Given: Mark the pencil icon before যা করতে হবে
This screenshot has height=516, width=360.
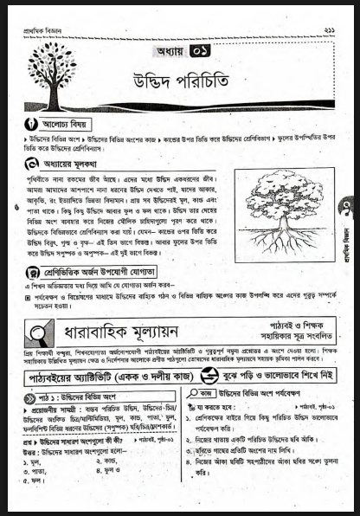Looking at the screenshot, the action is [200, 407].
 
